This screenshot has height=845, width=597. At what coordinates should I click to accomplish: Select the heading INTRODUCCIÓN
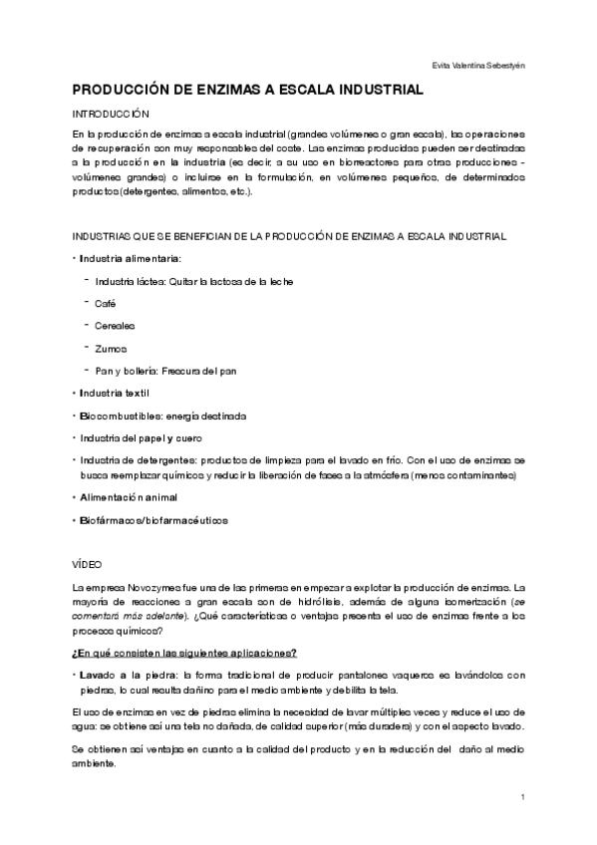tap(111, 115)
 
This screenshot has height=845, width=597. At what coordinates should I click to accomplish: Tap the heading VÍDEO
tap(88, 563)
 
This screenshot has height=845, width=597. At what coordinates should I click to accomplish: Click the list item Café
tap(106, 303)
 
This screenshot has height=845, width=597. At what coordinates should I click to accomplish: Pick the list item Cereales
tap(115, 326)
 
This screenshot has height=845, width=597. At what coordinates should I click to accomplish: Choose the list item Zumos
tap(110, 348)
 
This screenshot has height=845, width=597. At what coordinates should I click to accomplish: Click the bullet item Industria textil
tap(114, 394)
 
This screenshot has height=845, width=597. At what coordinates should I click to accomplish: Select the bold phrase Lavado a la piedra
tap(121, 674)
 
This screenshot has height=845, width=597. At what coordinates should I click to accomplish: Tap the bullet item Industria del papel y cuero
tap(139, 437)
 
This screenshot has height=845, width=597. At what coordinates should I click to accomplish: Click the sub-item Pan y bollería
tap(126, 371)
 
